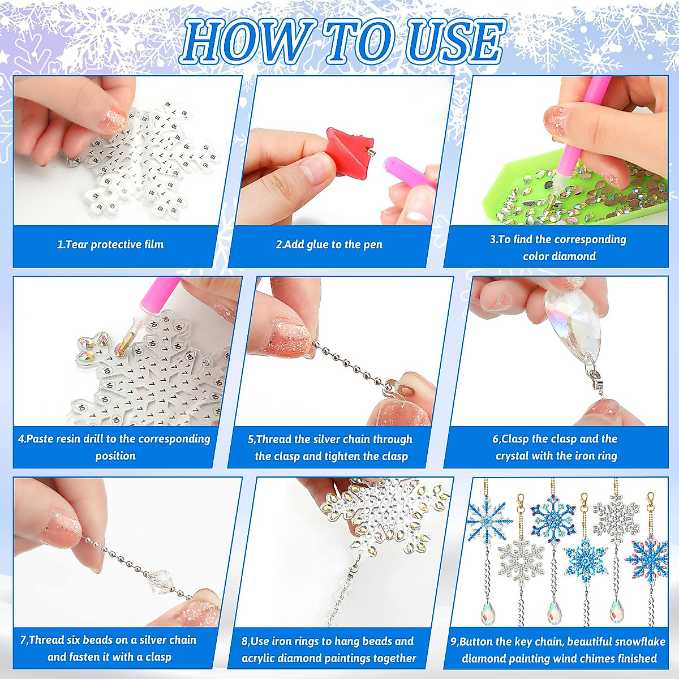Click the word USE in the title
click(x=455, y=42)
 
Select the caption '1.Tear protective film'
click(x=110, y=244)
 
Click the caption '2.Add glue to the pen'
click(x=329, y=244)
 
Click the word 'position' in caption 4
click(x=115, y=456)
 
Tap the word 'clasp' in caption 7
click(x=158, y=657)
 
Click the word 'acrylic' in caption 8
click(x=261, y=659)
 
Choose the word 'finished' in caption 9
click(x=637, y=659)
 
